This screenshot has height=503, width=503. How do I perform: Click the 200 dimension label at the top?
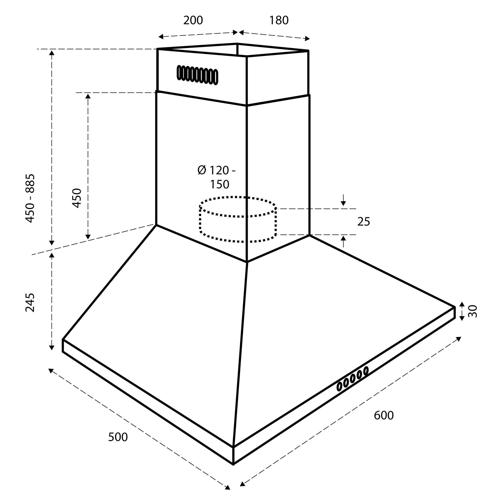tap(193, 20)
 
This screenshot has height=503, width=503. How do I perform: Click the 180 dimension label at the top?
tap(279, 20)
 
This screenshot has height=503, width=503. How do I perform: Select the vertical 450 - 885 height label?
tap(30, 198)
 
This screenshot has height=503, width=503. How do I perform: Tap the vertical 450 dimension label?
tap(77, 198)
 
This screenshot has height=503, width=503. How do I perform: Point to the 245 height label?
tap(30, 302)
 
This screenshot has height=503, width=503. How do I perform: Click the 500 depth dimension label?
tap(118, 437)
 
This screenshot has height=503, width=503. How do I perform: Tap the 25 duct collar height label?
tap(363, 222)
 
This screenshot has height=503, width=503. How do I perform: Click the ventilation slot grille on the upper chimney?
tap(197, 75)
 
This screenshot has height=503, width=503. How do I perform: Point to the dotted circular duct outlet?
tap(238, 220)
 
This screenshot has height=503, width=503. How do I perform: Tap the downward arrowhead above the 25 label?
tap(343, 204)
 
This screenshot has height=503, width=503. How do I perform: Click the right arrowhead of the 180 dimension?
tap(308, 39)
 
